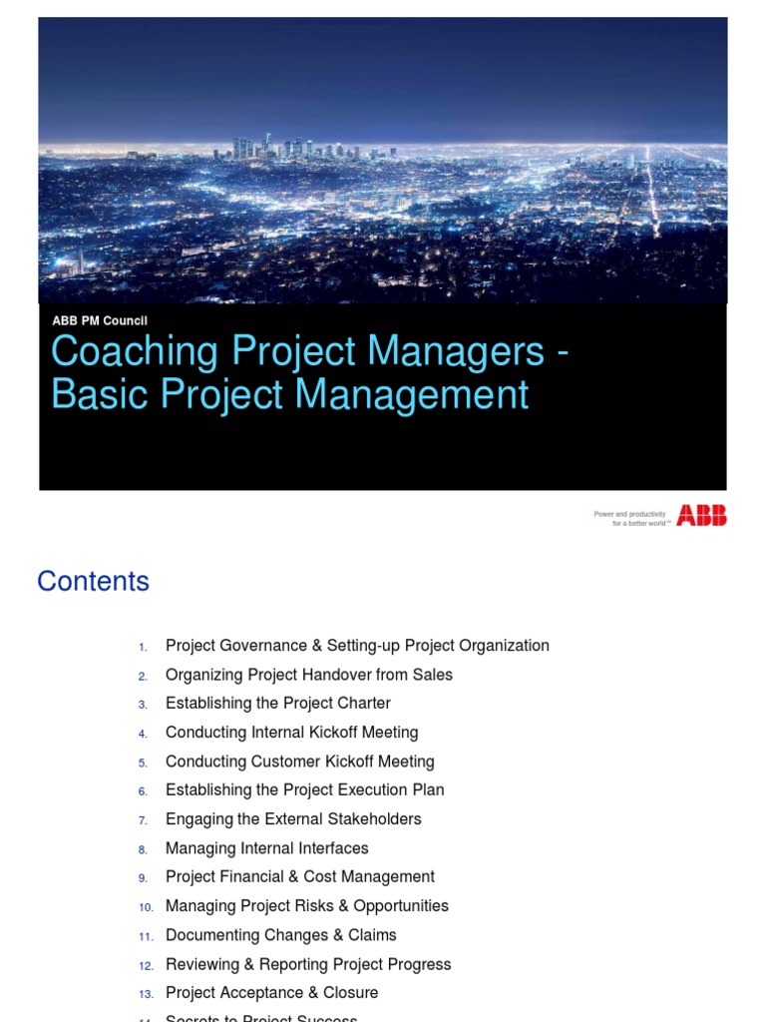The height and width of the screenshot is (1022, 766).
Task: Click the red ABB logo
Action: click(701, 515)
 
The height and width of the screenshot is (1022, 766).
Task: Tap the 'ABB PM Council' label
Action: click(100, 320)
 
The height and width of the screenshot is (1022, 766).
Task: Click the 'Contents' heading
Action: click(93, 581)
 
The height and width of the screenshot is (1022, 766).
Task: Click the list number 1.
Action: click(144, 647)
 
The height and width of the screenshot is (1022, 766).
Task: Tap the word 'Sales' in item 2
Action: click(432, 675)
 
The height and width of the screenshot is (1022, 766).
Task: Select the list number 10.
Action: click(146, 906)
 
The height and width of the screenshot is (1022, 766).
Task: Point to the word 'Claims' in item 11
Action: click(372, 934)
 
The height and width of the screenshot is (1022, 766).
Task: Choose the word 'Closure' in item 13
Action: click(348, 992)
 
